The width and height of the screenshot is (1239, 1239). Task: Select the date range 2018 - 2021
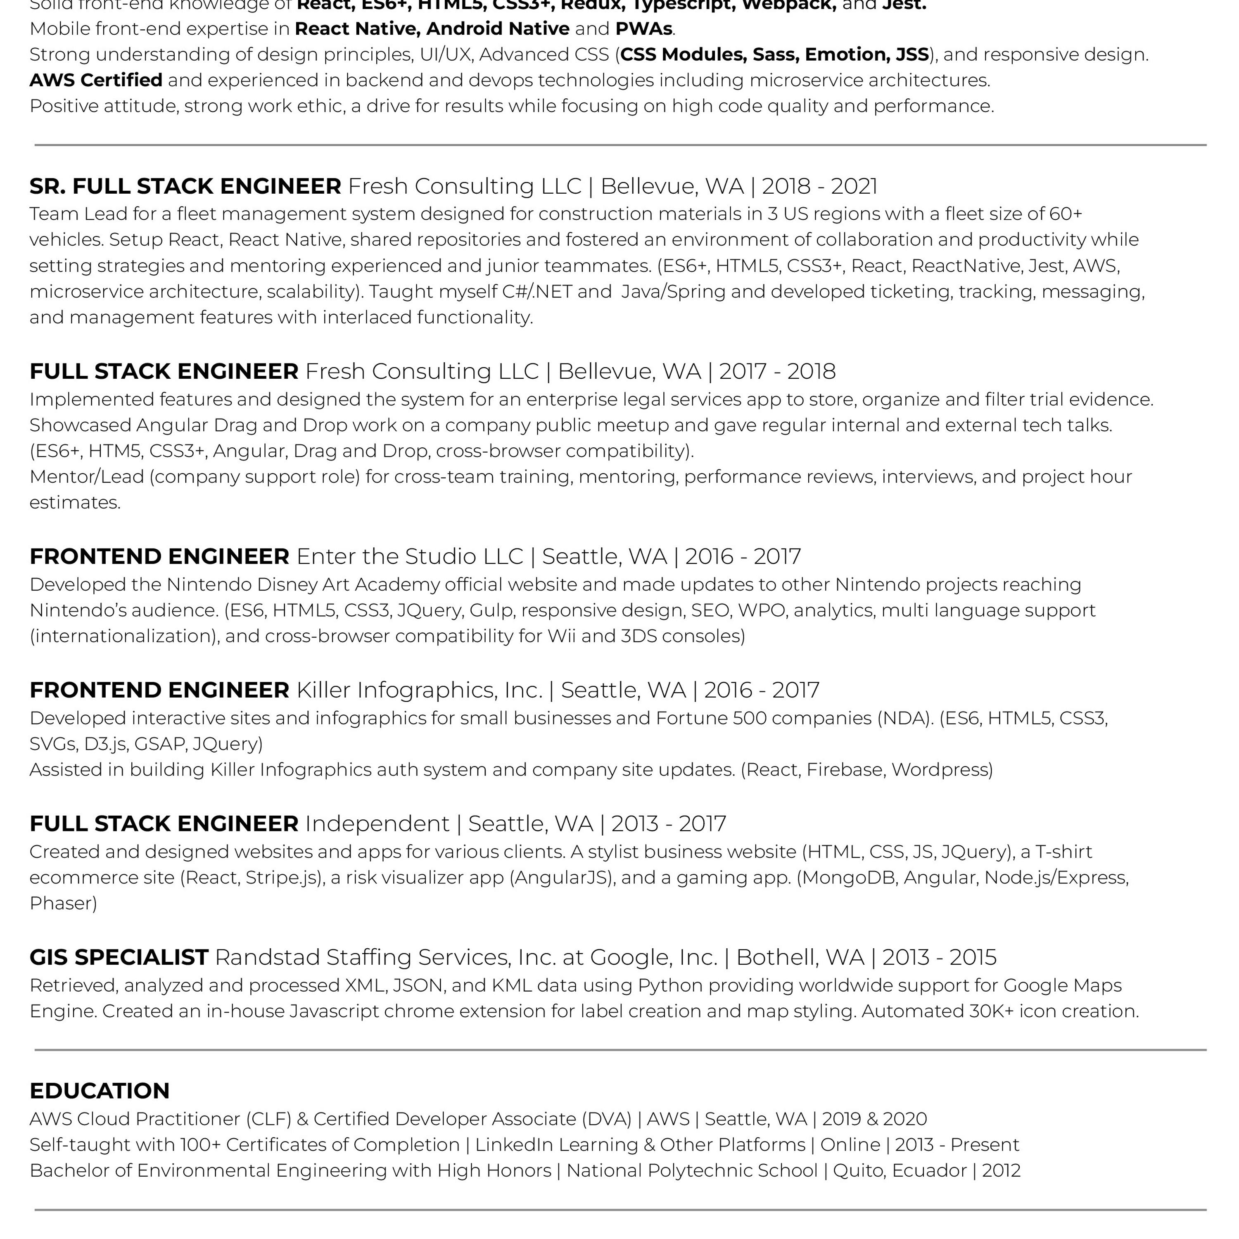coord(819,187)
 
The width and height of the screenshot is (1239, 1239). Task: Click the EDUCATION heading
coord(100,1091)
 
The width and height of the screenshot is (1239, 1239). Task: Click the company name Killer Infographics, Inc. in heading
coord(420,690)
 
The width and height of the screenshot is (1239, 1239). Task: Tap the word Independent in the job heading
coord(377,824)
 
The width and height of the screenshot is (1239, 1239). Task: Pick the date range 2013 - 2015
coord(940,957)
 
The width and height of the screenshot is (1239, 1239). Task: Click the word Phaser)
coord(63,904)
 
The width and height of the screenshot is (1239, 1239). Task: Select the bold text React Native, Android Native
coord(432,29)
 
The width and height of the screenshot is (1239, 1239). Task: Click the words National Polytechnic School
coord(692,1170)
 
